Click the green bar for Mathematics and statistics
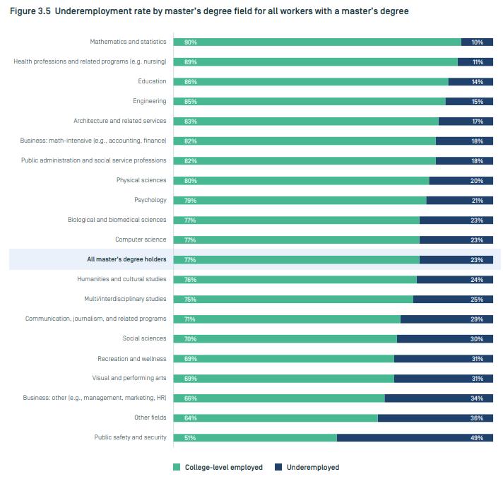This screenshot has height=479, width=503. pos(318,42)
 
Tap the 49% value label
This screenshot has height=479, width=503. pos(478,438)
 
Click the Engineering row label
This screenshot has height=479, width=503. pos(150,101)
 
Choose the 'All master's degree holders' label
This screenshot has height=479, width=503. pos(126,259)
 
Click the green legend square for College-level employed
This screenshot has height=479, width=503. pos(177,467)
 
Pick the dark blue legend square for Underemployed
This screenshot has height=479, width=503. pos(278,467)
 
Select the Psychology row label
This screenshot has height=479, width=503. pos(150,200)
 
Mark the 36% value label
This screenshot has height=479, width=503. pos(478,418)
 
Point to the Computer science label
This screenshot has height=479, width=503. pos(141,239)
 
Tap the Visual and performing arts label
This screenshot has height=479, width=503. pos(129,378)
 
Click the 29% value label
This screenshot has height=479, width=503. pos(478,319)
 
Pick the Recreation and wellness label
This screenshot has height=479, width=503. pos(132,358)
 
